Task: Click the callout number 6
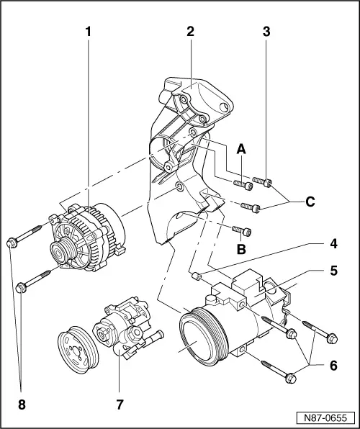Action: coord(333,366)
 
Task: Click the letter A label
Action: coord(242,148)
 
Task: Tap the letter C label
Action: coord(310,202)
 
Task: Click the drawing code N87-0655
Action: coord(326,417)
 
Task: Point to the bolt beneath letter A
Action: coord(245,186)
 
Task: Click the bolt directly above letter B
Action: coord(243,231)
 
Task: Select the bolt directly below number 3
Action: coord(266,184)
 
